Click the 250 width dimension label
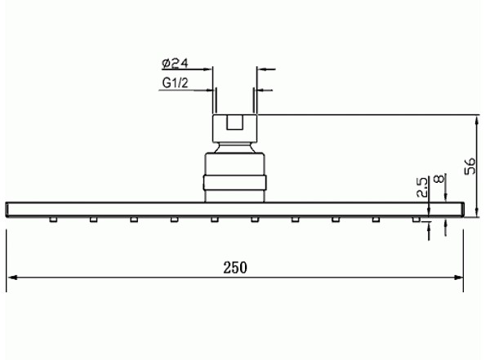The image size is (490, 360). tap(235, 268)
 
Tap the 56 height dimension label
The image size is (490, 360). tap(470, 166)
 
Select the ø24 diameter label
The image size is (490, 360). tap(175, 63)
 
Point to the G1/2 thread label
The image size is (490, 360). tap(175, 82)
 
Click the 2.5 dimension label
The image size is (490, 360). tap(422, 187)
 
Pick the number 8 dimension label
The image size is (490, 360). tap(439, 179)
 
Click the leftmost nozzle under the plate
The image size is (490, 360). tap(53, 220)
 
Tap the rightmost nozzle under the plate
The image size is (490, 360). tap(416, 220)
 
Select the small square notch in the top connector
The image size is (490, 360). tap(234, 122)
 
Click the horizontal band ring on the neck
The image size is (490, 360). tap(234, 183)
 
